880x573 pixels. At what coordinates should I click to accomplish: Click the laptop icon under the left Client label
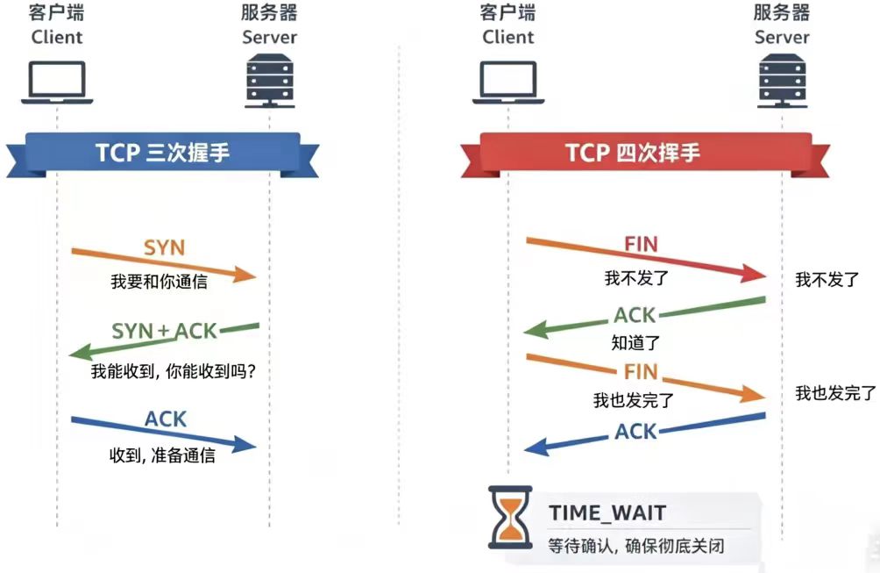57,82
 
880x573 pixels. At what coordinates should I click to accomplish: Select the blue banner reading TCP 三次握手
163,152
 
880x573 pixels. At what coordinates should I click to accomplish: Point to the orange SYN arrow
164,264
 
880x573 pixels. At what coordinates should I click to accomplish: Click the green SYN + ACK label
164,331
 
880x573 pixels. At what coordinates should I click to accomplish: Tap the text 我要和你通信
159,282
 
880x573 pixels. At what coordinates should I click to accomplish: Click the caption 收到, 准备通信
162,456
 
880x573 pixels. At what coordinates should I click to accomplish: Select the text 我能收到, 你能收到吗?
174,371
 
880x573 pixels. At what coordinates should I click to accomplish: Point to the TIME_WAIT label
607,512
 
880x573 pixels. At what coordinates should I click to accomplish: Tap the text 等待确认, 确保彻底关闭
636,545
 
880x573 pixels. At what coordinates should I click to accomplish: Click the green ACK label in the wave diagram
635,314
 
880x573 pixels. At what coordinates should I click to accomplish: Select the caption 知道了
635,342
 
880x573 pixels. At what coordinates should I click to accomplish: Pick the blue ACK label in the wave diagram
635,431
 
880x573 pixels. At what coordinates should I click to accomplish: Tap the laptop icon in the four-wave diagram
507,82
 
